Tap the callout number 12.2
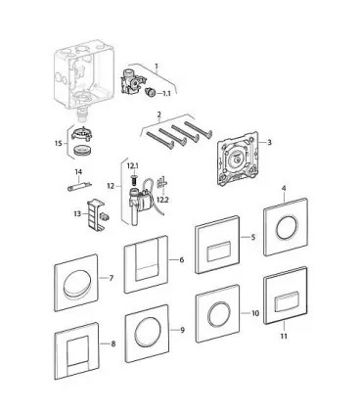tap(162, 200)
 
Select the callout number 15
tap(59, 143)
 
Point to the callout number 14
tap(78, 172)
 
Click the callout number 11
tap(284, 336)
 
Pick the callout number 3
tap(269, 142)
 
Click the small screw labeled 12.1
tap(134, 178)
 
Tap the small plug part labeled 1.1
tap(150, 92)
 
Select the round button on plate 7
tap(76, 284)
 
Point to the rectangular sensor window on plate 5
tap(219, 251)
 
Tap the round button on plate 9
tap(147, 331)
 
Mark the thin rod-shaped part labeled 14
tap(79, 188)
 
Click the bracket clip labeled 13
tap(95, 214)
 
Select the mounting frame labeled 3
tap(237, 159)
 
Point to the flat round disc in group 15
tap(82, 151)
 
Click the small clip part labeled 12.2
tap(162, 183)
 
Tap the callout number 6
tap(182, 259)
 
